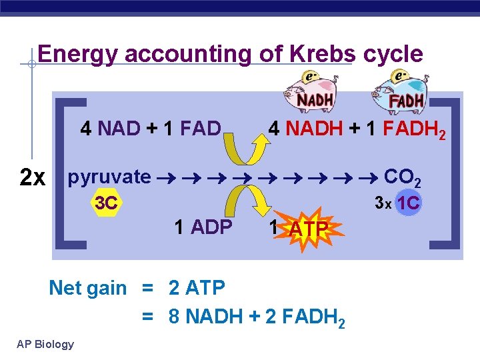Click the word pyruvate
109,177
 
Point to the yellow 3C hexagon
106,203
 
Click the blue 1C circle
407,203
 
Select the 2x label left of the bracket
33,178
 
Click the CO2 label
403,178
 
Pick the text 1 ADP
203,227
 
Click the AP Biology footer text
45,344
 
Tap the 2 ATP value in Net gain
197,288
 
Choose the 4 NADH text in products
305,128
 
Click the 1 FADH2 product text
403,129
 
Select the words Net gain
87,288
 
